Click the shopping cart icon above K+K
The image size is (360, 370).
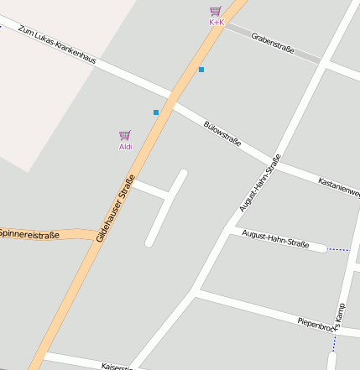[216, 11]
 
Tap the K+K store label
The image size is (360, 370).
[217, 23]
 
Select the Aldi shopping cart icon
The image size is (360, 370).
[125, 135]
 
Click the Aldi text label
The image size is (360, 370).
[126, 147]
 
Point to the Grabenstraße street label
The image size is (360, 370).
[273, 43]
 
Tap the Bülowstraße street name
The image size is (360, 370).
[222, 133]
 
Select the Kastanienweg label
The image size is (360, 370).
[339, 187]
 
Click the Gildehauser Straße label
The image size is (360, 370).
[115, 208]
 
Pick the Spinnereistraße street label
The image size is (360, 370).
[30, 235]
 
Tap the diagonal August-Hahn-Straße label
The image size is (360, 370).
[259, 183]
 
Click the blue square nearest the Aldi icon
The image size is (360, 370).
[156, 112]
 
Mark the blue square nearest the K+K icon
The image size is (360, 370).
[201, 69]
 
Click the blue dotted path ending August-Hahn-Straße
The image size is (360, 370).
[337, 249]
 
